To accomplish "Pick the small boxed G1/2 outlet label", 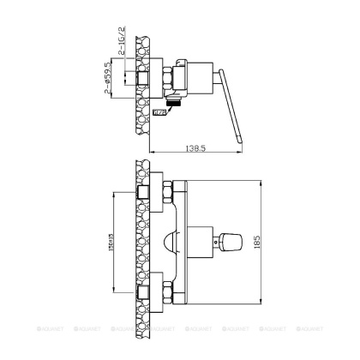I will click(159, 111).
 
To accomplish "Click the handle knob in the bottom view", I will click(230, 241).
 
